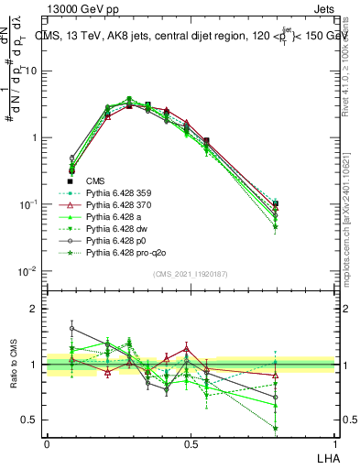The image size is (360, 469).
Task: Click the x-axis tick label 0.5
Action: tap(191, 442)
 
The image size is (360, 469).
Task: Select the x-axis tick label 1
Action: tap(335, 442)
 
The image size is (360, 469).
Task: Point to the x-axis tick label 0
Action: tap(47, 442)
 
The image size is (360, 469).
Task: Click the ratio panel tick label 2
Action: tap(35, 309)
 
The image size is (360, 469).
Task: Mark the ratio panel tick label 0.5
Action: tap(30, 420)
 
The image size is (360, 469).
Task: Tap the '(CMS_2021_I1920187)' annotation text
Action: tap(191, 274)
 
